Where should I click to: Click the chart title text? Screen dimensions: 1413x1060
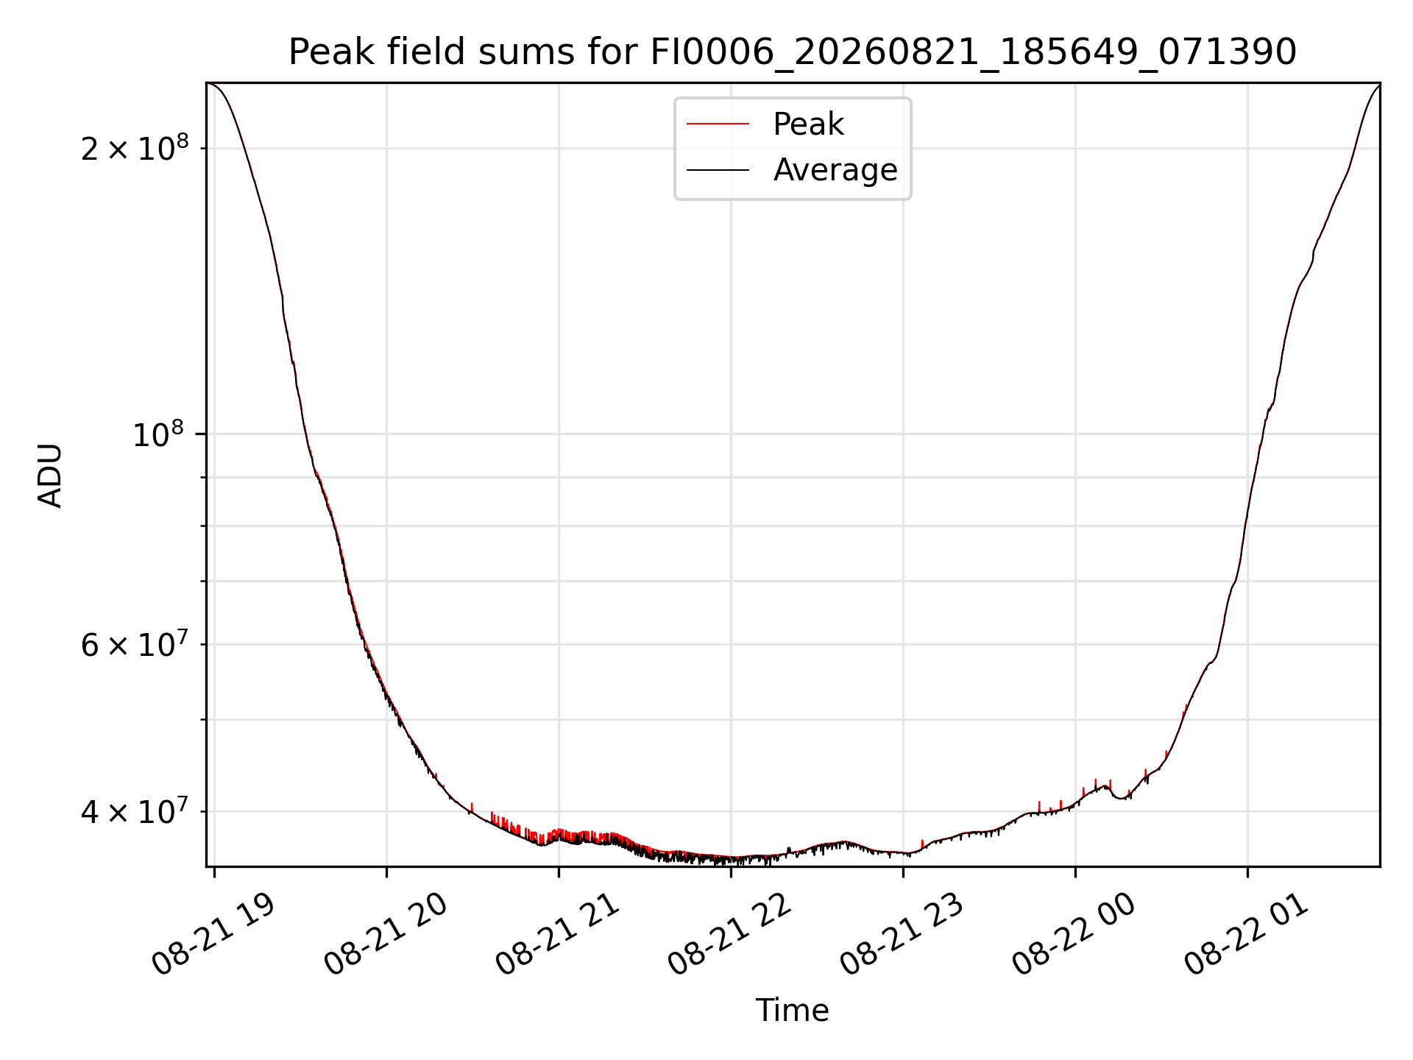[x=792, y=52]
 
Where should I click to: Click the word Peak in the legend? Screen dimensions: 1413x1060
[x=808, y=124]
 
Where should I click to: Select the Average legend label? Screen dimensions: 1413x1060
[x=835, y=170]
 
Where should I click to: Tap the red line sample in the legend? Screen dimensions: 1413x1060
[x=718, y=124]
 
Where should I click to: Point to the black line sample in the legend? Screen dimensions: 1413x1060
[x=718, y=170]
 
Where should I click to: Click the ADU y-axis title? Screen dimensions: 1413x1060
[x=50, y=476]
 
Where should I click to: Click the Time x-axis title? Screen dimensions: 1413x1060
[x=792, y=1011]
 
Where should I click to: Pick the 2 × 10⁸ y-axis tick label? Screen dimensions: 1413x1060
[x=134, y=148]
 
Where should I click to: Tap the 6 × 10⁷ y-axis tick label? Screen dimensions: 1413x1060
[x=134, y=644]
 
